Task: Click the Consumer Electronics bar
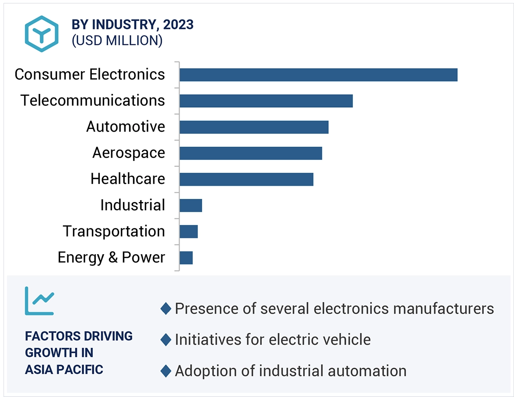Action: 318,75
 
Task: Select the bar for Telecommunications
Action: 266,101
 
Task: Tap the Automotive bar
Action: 253,127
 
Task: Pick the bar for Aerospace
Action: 250,153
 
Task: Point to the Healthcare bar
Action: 246,179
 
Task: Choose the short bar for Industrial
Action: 191,206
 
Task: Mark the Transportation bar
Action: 188,231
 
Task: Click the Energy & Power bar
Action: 186,258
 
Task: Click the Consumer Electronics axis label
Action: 90,74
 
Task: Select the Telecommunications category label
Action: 93,101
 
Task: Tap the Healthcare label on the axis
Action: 128,179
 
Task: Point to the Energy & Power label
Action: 111,257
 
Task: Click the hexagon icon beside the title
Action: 41,34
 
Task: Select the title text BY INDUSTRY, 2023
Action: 133,25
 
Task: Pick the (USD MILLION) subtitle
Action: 117,40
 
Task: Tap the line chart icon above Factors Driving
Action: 39,301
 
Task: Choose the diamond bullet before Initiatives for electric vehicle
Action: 166,339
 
